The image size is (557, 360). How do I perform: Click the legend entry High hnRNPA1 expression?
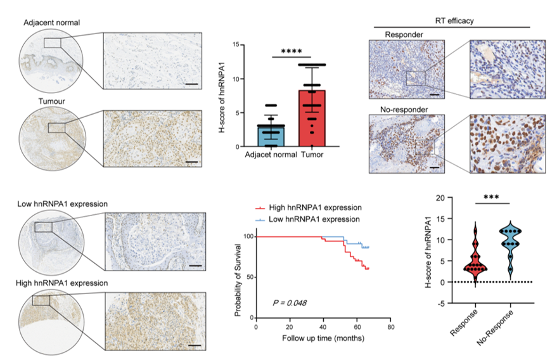click(307, 207)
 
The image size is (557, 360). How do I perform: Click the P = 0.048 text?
click(290, 303)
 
